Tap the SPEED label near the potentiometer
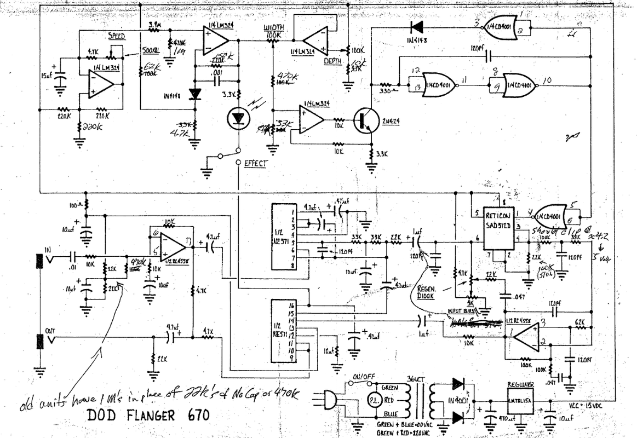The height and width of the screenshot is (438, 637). pyautogui.click(x=116, y=36)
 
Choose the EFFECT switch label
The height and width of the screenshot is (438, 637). pyautogui.click(x=256, y=163)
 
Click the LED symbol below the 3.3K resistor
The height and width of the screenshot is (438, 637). pyautogui.click(x=238, y=118)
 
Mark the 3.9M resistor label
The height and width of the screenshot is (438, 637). pyautogui.click(x=153, y=25)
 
